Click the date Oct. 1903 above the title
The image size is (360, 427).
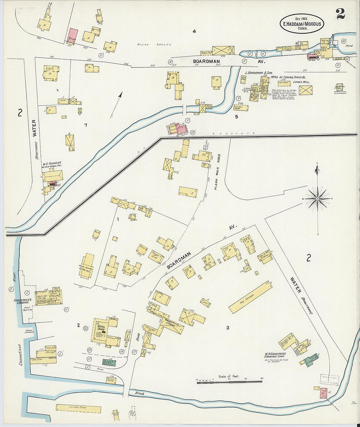301,19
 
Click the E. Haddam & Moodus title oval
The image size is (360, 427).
302,24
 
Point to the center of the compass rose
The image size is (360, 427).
317,199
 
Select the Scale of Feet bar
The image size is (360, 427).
229,382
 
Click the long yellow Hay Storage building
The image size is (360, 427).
250,297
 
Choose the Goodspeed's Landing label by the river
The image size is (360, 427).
22,301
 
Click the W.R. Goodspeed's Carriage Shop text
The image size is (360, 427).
275,356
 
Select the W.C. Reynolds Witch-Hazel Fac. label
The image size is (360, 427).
51,165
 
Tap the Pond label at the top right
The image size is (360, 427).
349,46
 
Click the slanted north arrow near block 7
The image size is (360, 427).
116,105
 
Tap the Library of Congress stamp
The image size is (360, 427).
329,380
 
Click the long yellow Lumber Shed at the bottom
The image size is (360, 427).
78,409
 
